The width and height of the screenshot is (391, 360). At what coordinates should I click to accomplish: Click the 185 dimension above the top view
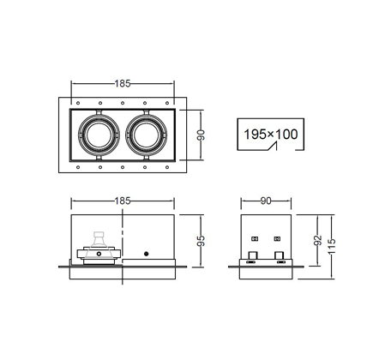click(x=123, y=83)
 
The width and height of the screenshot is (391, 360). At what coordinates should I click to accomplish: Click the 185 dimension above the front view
click(x=123, y=201)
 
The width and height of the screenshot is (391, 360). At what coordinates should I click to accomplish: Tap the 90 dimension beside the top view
click(x=202, y=135)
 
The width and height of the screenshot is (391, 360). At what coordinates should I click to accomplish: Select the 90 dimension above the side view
click(x=266, y=201)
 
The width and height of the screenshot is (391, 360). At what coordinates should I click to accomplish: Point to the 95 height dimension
click(x=202, y=241)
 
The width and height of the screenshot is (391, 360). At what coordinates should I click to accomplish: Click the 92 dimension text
click(x=318, y=240)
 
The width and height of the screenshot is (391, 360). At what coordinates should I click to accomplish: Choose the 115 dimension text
click(x=332, y=246)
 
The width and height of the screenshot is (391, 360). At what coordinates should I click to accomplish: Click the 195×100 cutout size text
click(x=271, y=134)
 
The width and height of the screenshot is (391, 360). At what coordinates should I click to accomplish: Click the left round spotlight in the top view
click(x=99, y=135)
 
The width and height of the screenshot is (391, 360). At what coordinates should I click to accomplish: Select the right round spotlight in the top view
click(x=146, y=135)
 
